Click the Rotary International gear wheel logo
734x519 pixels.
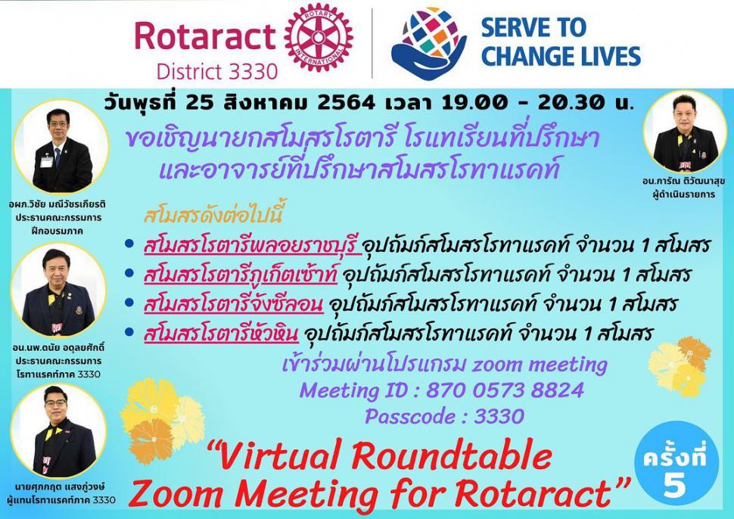coord(319,39)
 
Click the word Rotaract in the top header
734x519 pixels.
coord(205,36)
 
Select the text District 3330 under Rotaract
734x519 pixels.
coord(217,72)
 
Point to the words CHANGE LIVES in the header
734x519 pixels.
coord(561,56)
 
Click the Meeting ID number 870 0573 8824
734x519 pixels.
coord(505,390)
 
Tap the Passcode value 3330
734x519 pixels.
coord(499,416)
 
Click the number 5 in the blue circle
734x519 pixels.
coord(674,484)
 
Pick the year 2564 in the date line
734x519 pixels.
coord(346,102)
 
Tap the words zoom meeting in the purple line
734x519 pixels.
coord(540,364)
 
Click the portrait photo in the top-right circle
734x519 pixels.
coord(684,132)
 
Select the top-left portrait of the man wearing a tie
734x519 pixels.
coord(61,147)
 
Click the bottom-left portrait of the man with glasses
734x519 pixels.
coord(58,430)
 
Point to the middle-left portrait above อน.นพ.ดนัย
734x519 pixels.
coord(58,290)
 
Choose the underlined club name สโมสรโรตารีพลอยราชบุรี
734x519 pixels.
coord(253,246)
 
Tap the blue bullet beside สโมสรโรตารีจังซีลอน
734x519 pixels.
coord(129,303)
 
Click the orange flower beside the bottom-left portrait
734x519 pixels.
coord(151,440)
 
